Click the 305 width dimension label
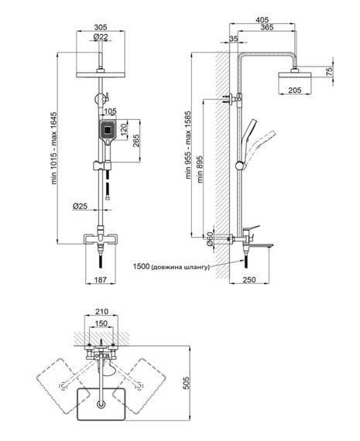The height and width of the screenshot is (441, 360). coord(101,27)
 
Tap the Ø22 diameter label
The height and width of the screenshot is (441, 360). coord(101,36)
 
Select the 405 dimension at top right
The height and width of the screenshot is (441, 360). coord(262,20)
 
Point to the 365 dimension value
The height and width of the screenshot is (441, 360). coord(267,27)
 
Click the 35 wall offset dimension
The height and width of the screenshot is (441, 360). coord(234,39)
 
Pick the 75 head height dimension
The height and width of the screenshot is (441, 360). coord(329,70)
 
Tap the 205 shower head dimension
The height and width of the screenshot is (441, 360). coord(295,91)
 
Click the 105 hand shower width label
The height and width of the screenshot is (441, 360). coord(110,111)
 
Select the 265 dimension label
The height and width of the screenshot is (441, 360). coord(136,142)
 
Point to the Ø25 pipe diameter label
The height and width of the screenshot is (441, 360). coord(80,206)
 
